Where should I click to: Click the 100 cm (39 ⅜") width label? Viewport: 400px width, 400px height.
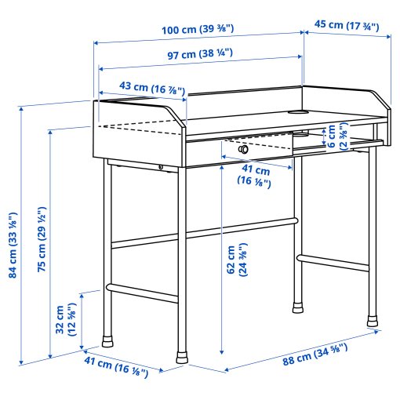click(198, 30)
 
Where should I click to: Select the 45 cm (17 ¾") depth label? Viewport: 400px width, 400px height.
click(346, 25)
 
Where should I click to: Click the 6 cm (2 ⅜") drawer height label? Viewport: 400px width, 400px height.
click(336, 135)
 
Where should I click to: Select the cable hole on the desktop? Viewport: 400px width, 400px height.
click(299, 112)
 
